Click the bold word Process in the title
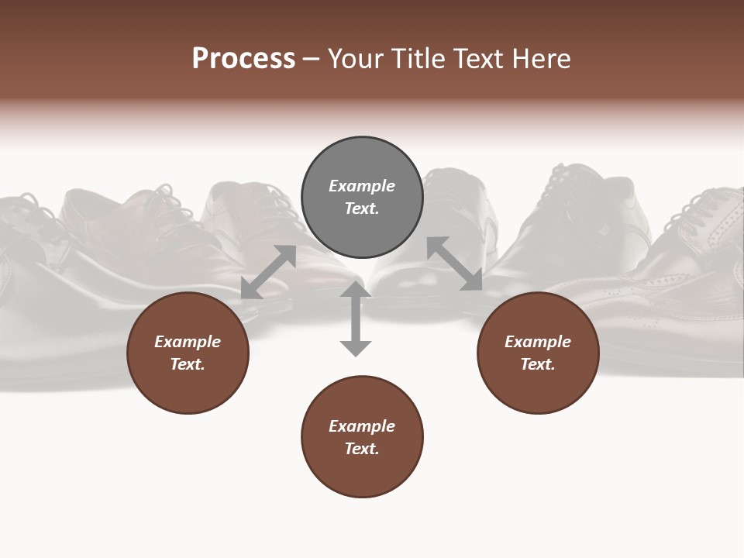click(243, 59)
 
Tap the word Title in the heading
click(416, 59)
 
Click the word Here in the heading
click(542, 59)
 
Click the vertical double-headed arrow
click(356, 319)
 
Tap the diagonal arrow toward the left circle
click(268, 272)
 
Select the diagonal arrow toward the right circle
click(454, 263)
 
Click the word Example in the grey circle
click(362, 186)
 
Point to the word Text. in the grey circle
click(362, 208)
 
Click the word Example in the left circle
click(188, 342)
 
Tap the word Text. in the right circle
click(538, 364)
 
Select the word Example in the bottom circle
click(362, 426)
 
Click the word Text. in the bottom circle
click(362, 449)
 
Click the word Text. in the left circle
click(188, 364)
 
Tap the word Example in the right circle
click(538, 342)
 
